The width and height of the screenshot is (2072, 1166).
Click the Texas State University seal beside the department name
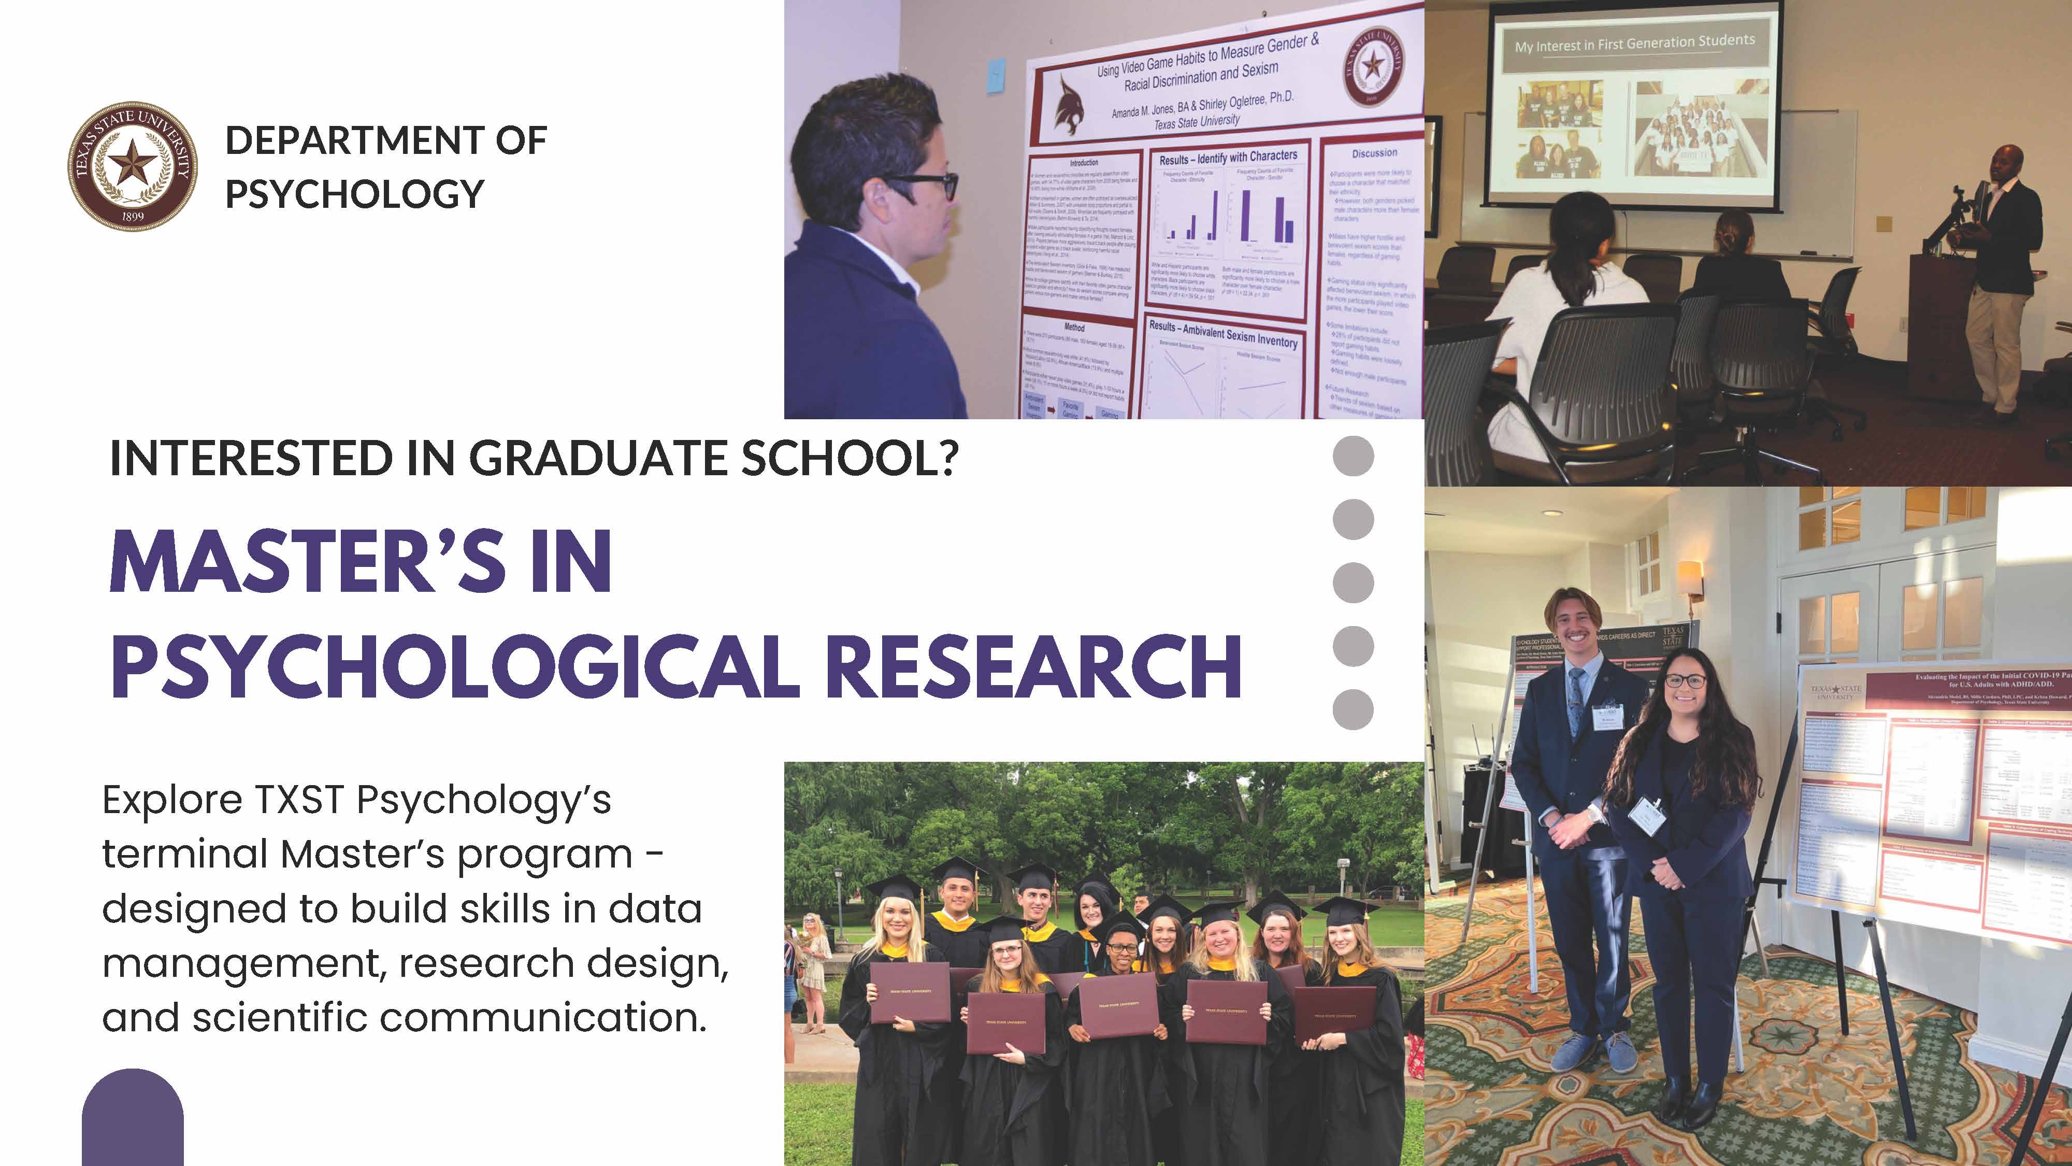click(132, 166)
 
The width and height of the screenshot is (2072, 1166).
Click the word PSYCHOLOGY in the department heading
click(355, 194)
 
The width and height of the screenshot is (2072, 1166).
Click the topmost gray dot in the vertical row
click(1353, 456)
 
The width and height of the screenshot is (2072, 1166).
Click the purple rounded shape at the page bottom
click(133, 1118)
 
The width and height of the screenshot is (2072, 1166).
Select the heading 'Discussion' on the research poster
click(1374, 153)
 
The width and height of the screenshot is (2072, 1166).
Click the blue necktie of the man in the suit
click(1576, 700)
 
